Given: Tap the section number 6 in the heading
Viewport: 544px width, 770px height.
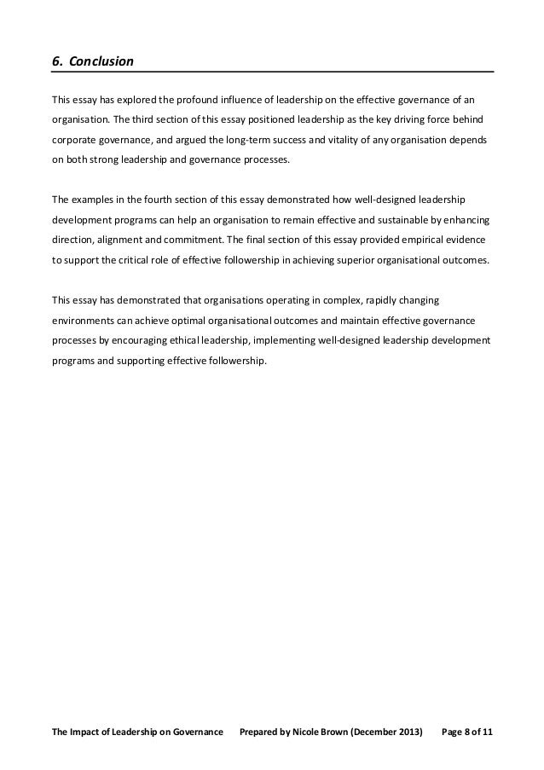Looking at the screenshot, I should pos(55,62).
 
